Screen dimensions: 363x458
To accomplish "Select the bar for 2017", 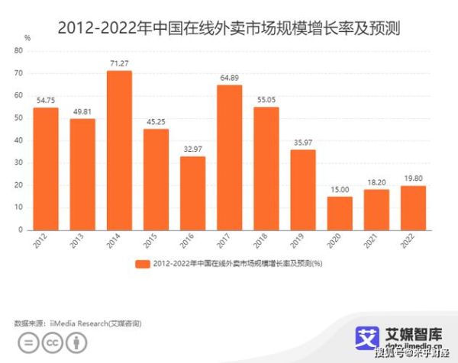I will click(229, 157).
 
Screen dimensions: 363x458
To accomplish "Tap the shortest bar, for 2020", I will click(340, 213).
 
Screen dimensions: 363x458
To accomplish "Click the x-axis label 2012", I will click(40, 241).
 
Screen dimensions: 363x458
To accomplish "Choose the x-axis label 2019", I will click(298, 241).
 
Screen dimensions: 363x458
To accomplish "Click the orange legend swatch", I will click(142, 263).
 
